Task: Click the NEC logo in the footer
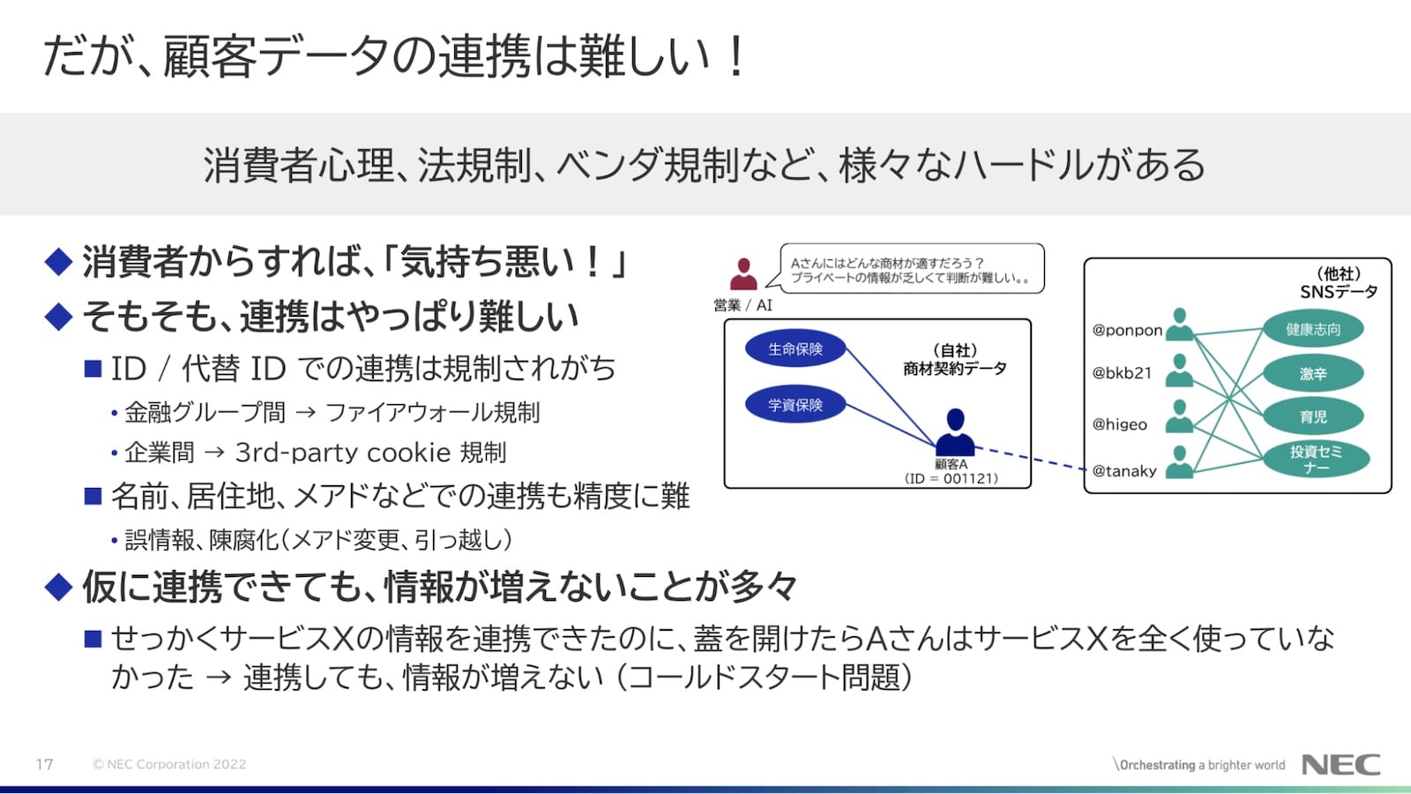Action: (1340, 764)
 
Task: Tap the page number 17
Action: (45, 764)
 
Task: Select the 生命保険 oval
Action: (795, 349)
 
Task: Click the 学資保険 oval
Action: (795, 405)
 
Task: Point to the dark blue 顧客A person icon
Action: (954, 432)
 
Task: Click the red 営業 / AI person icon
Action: (743, 274)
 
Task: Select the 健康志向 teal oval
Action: (1313, 329)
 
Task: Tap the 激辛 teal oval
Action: (1313, 373)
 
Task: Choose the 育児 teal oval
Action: (1313, 416)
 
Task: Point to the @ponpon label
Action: (1127, 330)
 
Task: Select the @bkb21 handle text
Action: (1122, 373)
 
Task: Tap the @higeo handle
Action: (1120, 424)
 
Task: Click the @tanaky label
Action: (1124, 471)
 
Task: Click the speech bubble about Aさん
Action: (911, 269)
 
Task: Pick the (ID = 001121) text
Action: (952, 478)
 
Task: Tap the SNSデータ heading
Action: (1338, 292)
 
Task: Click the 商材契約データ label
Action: (954, 369)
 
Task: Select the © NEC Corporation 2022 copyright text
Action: (169, 764)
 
